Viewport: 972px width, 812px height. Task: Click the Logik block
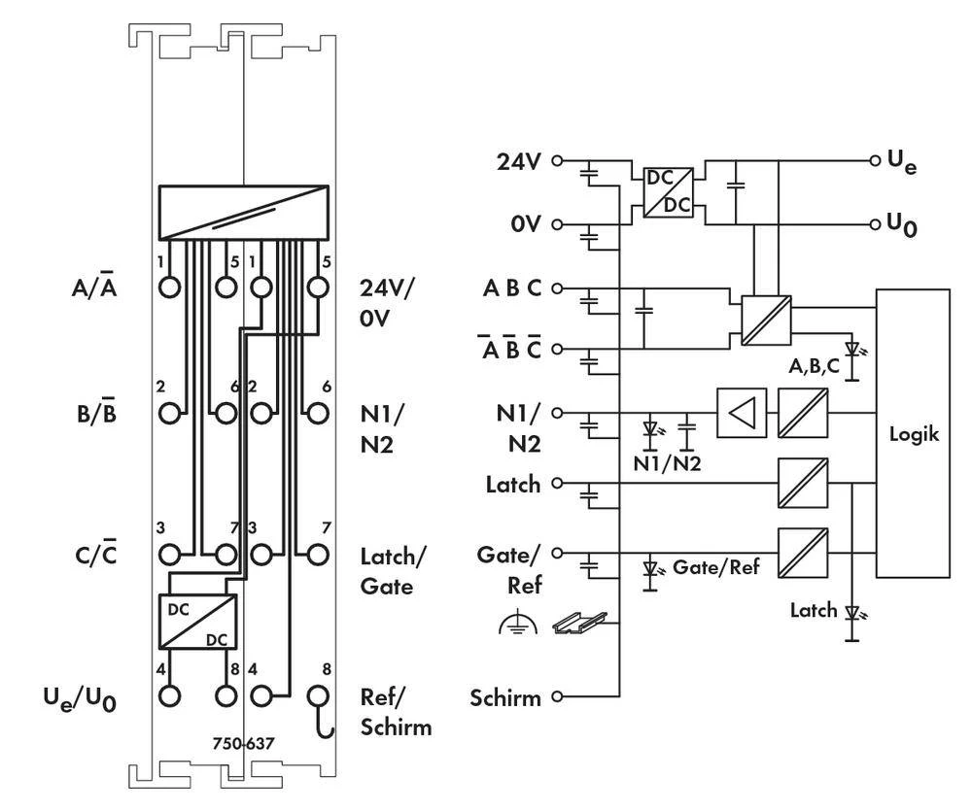click(x=914, y=433)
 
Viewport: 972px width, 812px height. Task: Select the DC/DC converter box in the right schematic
click(x=668, y=192)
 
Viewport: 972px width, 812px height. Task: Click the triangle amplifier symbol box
click(x=742, y=414)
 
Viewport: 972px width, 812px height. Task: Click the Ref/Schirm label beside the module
click(x=395, y=712)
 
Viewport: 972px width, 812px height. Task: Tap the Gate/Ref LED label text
click(x=716, y=567)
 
